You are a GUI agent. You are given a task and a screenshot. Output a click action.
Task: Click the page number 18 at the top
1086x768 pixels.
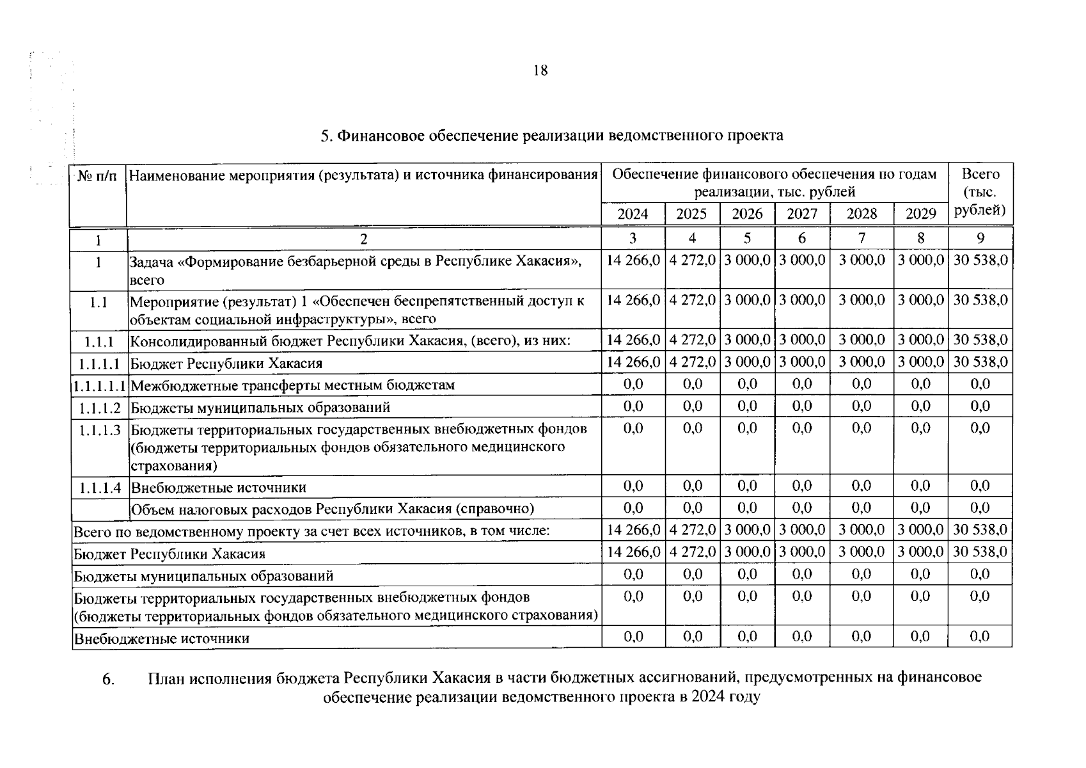[x=540, y=71]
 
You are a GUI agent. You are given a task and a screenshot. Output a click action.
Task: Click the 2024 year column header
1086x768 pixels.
[x=633, y=214]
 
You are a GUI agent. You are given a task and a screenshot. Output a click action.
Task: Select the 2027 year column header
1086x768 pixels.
[x=801, y=214]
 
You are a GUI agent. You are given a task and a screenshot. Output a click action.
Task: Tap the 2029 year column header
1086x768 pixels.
[x=920, y=214]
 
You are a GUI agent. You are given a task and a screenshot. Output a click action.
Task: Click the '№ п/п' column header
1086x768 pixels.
[x=97, y=175]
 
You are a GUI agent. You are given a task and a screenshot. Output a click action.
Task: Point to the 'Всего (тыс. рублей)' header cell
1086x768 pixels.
[x=980, y=192]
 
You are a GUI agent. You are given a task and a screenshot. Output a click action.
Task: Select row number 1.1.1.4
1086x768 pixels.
[x=100, y=488]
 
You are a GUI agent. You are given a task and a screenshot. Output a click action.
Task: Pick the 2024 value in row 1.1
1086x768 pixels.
[x=633, y=300]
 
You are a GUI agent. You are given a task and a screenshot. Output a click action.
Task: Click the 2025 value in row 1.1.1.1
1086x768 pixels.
[x=692, y=362]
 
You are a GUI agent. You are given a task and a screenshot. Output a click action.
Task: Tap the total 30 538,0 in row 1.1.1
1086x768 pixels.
[x=980, y=340]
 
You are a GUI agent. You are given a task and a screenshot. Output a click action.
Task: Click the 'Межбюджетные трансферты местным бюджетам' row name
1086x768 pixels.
[x=292, y=385]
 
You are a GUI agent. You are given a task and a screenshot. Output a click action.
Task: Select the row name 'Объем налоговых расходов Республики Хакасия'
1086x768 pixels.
[x=332, y=509]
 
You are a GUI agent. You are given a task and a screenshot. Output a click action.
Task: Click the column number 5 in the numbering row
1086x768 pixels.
[x=746, y=239]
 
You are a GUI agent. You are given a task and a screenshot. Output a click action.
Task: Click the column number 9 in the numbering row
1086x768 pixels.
[x=980, y=239]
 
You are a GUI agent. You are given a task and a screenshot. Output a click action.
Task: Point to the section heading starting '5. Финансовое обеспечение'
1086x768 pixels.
[x=551, y=136]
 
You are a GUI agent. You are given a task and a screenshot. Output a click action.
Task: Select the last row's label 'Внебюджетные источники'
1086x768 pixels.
[x=162, y=639]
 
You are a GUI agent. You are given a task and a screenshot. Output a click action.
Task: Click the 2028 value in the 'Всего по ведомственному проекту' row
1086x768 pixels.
[x=862, y=530]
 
